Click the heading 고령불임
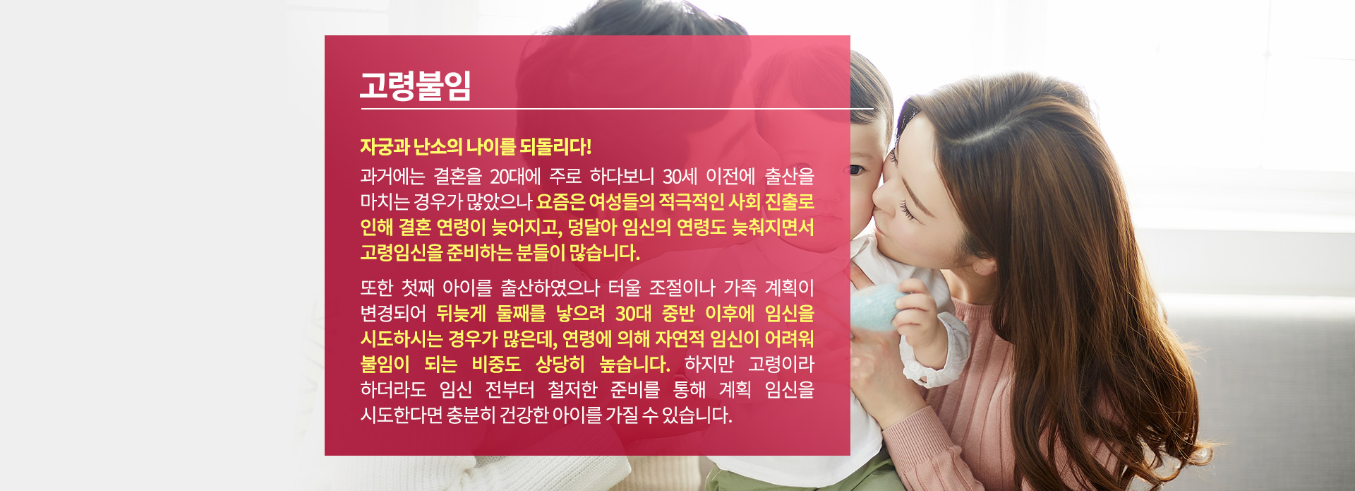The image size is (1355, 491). pos(415,85)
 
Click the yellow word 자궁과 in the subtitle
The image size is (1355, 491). pos(385,147)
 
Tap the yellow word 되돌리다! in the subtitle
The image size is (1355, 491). pos(555,147)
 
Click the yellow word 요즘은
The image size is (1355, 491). pos(560,202)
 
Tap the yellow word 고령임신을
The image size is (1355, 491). pos(401,252)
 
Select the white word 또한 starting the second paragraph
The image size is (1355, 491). pos(376,288)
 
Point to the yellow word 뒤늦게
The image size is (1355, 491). pos(461,313)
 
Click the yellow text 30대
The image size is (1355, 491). pos(633,313)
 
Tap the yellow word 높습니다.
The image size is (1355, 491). pos(634,365)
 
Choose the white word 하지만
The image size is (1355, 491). pos(709,365)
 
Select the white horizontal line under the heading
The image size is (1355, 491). pos(617,109)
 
